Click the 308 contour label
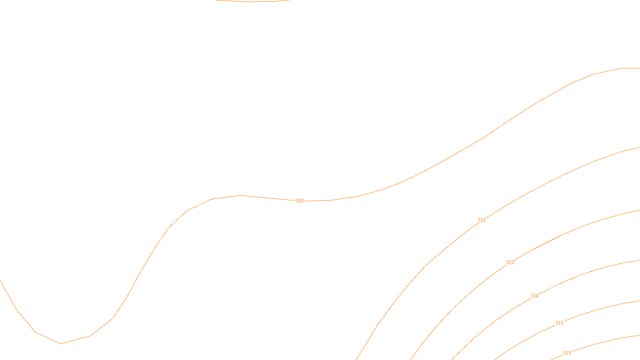pos(299,201)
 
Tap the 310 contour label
pos(482,220)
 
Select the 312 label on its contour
pos(510,262)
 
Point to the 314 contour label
pos(534,296)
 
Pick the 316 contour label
pos(559,323)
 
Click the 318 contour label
pos(567,353)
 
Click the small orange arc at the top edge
pos(252,2)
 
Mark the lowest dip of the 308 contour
pos(60,343)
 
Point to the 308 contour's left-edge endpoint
pos(1,281)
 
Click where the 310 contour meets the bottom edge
pos(357,359)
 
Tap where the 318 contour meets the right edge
pos(639,336)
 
